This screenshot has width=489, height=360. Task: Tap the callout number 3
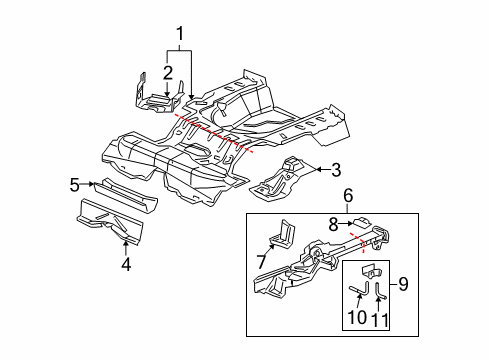pyautogui.click(x=336, y=169)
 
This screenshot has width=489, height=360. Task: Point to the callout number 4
pyautogui.click(x=125, y=264)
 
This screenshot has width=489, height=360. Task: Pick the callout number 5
pyautogui.click(x=74, y=184)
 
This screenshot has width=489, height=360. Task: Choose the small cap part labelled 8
pyautogui.click(x=359, y=223)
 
